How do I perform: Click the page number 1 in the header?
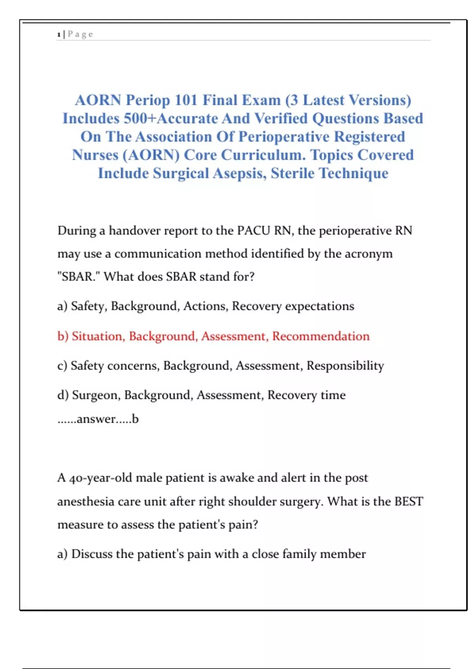(59, 35)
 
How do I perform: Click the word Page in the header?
(80, 34)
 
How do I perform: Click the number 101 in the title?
(186, 100)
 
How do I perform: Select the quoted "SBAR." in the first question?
(79, 277)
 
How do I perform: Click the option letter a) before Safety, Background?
(62, 306)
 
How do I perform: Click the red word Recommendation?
(321, 336)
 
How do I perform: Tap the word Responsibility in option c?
(345, 366)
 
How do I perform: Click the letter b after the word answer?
(135, 419)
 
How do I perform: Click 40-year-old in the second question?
(101, 478)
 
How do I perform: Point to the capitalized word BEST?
(408, 502)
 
